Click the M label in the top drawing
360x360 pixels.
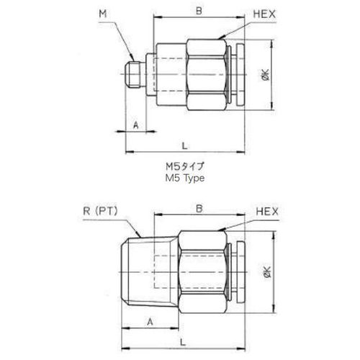[x=102, y=14]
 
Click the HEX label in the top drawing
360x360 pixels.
[x=264, y=14]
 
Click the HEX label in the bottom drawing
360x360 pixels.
[x=267, y=212]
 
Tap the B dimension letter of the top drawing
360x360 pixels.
[x=199, y=11]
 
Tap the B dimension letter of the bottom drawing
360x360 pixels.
[x=199, y=209]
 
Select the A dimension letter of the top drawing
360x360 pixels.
[x=136, y=125]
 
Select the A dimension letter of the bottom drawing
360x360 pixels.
[x=150, y=322]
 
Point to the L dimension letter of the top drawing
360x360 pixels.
[x=184, y=145]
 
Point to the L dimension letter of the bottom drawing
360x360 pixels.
[x=183, y=342]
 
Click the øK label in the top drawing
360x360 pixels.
[x=266, y=75]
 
